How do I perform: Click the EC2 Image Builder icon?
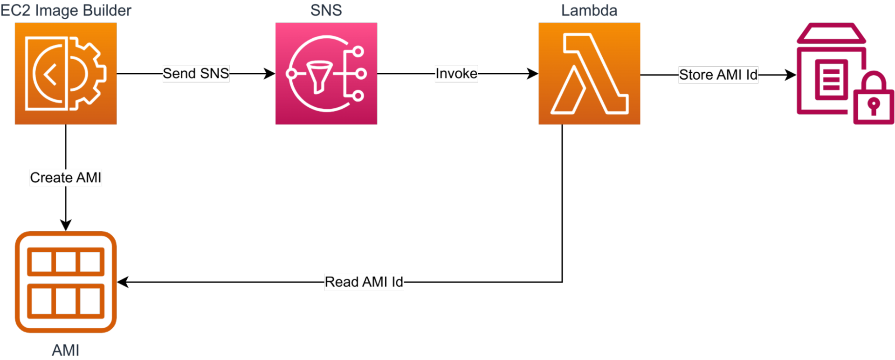click(66, 73)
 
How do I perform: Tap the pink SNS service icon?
click(326, 73)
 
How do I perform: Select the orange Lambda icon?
click(589, 73)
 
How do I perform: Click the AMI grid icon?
click(66, 282)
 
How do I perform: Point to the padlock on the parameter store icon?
click(874, 100)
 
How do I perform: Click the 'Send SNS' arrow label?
click(196, 73)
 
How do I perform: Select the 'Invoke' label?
click(456, 73)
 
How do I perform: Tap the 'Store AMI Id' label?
click(718, 75)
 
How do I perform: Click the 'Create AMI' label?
click(66, 178)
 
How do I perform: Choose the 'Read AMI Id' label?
click(364, 282)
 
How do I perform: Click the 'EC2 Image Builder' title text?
click(66, 10)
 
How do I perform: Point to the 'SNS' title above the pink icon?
click(326, 10)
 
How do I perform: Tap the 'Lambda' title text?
click(589, 10)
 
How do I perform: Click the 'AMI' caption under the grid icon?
click(66, 350)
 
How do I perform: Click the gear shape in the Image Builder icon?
click(91, 73)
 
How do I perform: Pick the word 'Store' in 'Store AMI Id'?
click(696, 75)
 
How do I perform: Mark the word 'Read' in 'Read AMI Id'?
click(342, 282)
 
